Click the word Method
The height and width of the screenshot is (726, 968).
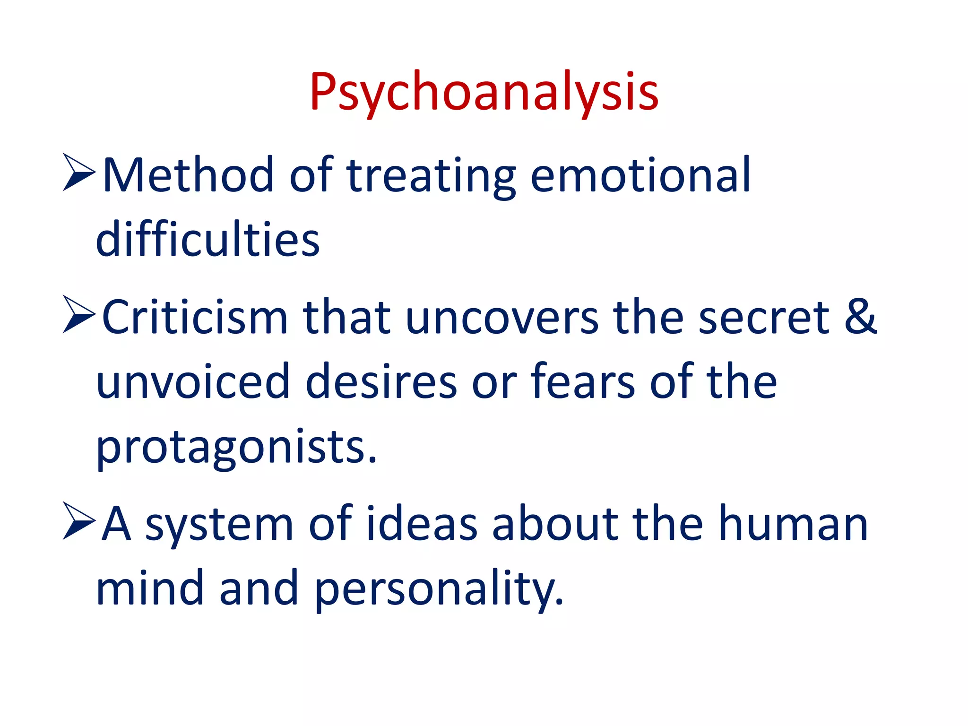pos(188,175)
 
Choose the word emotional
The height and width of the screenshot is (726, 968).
pos(640,175)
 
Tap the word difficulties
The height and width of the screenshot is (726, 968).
pos(208,240)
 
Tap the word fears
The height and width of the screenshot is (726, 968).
pos(582,381)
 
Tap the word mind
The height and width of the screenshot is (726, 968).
pos(149,588)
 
